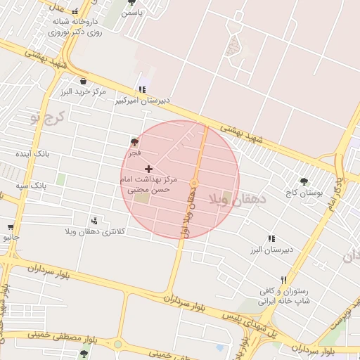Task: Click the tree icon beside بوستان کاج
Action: click(304, 181)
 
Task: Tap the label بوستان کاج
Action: click(302, 192)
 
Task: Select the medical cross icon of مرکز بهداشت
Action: click(148, 169)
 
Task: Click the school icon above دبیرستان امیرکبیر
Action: click(143, 89)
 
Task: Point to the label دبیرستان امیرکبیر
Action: click(143, 101)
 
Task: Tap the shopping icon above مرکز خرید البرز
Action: click(84, 80)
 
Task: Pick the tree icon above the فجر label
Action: click(134, 142)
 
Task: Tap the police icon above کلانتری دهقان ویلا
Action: click(94, 221)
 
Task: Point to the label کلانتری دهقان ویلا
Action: click(94, 231)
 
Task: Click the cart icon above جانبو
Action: click(11, 227)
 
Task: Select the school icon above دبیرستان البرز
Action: click(271, 239)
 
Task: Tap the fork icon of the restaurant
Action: click(283, 279)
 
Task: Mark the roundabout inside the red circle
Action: click(195, 183)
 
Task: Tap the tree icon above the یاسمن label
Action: click(131, 2)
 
